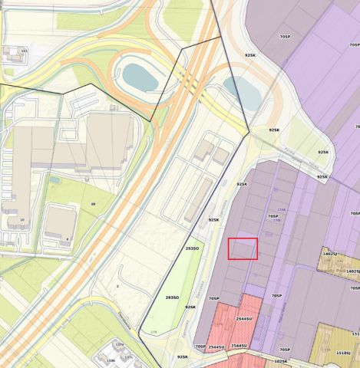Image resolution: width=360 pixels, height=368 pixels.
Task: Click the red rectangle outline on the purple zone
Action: (x=243, y=249)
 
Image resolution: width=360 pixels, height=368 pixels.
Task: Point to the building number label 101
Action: (x=24, y=51)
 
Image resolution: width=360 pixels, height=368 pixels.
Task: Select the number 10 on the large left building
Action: (x=21, y=220)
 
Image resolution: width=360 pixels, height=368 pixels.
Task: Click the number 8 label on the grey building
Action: (x=67, y=238)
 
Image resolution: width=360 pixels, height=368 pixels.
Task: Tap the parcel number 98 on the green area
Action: (x=93, y=203)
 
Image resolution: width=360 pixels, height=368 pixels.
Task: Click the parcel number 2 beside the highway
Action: (x=117, y=285)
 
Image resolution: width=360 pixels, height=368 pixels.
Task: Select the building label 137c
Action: (x=129, y=357)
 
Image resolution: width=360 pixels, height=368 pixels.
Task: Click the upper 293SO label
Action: (x=193, y=248)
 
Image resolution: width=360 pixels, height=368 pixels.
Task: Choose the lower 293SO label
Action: (x=172, y=297)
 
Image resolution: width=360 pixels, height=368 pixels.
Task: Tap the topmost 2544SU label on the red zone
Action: (x=244, y=318)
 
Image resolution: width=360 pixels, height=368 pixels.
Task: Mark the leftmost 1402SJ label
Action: (x=331, y=253)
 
